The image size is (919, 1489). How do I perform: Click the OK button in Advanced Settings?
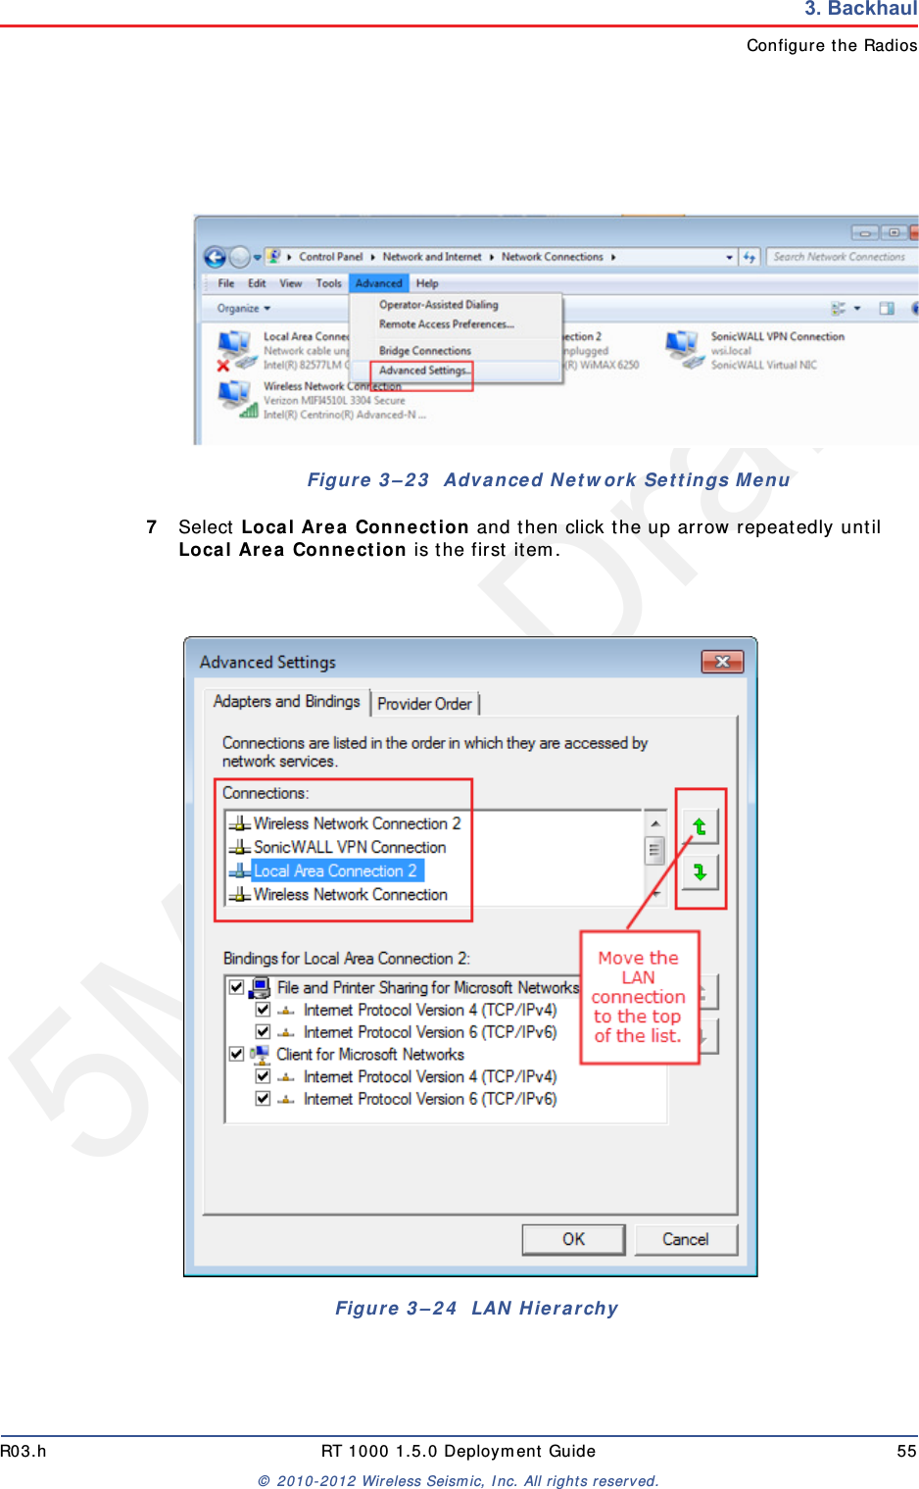click(x=573, y=1239)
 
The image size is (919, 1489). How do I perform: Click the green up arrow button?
click(x=700, y=826)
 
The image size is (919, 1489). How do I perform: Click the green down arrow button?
click(x=700, y=871)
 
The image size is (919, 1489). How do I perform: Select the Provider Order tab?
click(x=424, y=704)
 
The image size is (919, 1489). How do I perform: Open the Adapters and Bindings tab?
click(x=287, y=702)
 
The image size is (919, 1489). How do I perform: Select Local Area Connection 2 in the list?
click(x=335, y=870)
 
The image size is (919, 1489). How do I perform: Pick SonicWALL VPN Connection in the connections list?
click(x=349, y=847)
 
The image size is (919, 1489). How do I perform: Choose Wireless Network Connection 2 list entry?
click(x=357, y=823)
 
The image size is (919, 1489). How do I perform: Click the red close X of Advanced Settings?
click(x=722, y=662)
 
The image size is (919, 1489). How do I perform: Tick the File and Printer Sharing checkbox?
click(x=236, y=987)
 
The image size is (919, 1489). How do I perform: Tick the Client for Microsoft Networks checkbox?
click(x=236, y=1054)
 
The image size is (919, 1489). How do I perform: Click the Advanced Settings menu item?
click(x=423, y=371)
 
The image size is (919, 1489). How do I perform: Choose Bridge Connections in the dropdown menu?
click(x=424, y=351)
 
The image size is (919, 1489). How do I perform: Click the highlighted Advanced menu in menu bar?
click(x=378, y=283)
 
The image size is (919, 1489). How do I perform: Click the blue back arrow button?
click(x=215, y=257)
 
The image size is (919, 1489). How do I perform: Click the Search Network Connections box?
click(x=839, y=257)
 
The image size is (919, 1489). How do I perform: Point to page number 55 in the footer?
click(x=906, y=1451)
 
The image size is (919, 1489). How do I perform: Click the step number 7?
click(x=152, y=527)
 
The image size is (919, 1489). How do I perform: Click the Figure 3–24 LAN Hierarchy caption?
click(x=476, y=1308)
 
